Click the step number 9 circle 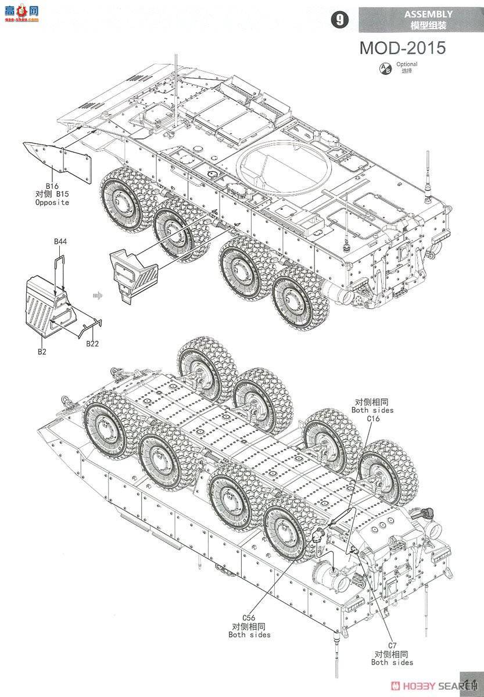click(339, 19)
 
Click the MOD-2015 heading click(402, 47)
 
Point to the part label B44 click(60, 241)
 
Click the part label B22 click(92, 344)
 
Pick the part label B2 click(42, 351)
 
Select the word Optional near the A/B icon click(407, 64)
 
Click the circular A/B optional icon click(385, 68)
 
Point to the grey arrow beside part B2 click(97, 296)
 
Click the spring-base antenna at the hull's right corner click(429, 180)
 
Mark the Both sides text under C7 click(392, 662)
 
